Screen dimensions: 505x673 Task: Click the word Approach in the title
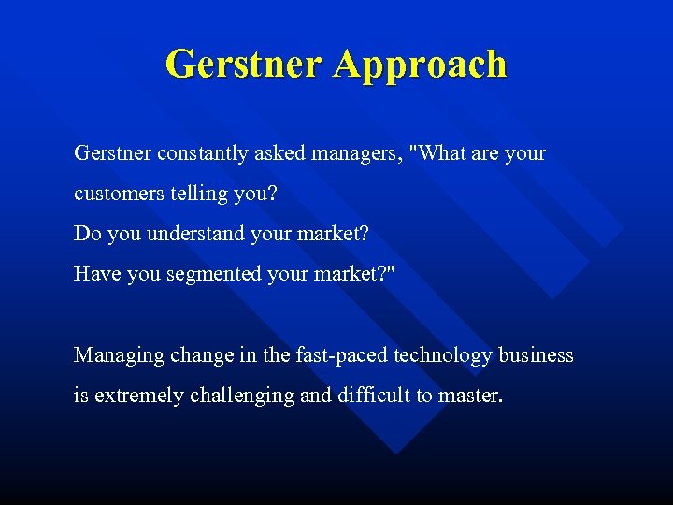point(420,65)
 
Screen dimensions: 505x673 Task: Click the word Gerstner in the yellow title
point(245,65)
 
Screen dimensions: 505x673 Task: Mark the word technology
point(442,355)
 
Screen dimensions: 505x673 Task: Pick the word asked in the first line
point(279,153)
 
